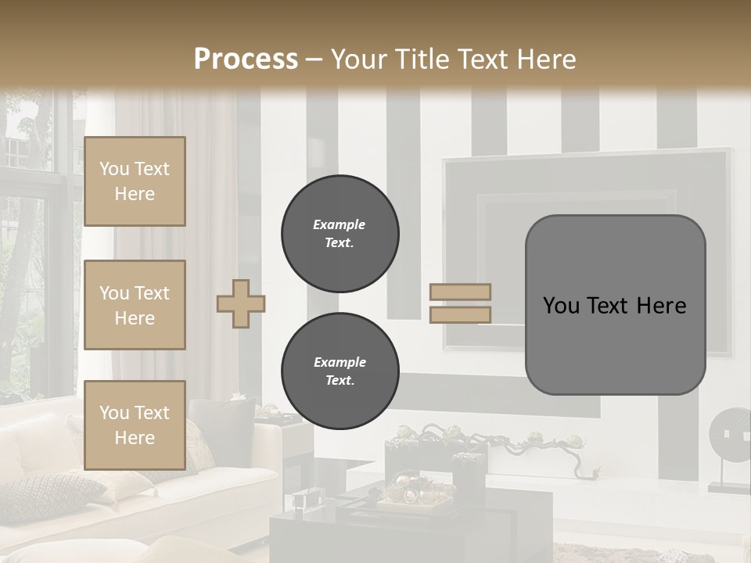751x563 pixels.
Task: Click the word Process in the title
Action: click(246, 59)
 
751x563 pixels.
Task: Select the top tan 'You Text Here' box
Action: click(135, 181)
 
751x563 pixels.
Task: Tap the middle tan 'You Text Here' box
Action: click(135, 305)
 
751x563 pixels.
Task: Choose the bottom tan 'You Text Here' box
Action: click(135, 425)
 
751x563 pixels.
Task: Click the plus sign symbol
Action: click(241, 303)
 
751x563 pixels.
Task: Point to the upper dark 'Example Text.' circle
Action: click(340, 234)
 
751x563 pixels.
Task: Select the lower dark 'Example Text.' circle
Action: click(340, 371)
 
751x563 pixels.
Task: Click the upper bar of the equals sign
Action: click(460, 292)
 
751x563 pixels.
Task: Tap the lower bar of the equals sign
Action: click(460, 314)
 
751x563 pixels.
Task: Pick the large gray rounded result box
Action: click(615, 305)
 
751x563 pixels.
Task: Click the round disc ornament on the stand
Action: click(728, 434)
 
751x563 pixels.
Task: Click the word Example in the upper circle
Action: click(340, 224)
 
